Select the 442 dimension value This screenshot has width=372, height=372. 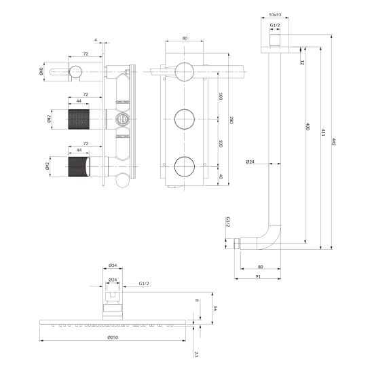pos(333,142)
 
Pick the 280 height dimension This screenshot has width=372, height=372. pos(231,120)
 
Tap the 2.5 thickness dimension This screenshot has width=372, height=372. pos(196,354)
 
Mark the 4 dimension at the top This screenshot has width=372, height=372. pos(96,41)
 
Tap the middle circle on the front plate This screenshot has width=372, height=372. pos(183,119)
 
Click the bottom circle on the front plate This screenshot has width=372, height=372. pos(183,165)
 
